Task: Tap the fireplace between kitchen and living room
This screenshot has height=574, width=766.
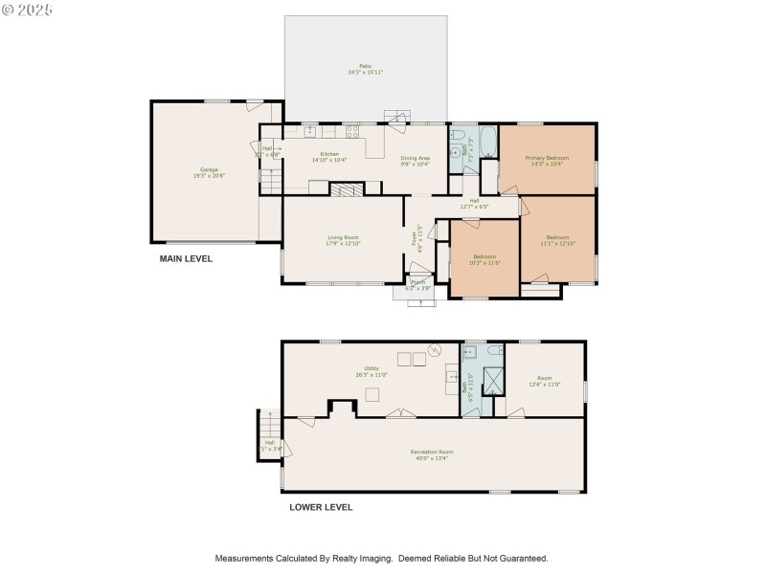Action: click(344, 189)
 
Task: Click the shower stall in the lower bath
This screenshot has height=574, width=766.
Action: click(493, 382)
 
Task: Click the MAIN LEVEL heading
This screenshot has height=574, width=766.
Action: click(186, 258)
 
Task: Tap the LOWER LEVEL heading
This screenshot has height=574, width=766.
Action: click(321, 507)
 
